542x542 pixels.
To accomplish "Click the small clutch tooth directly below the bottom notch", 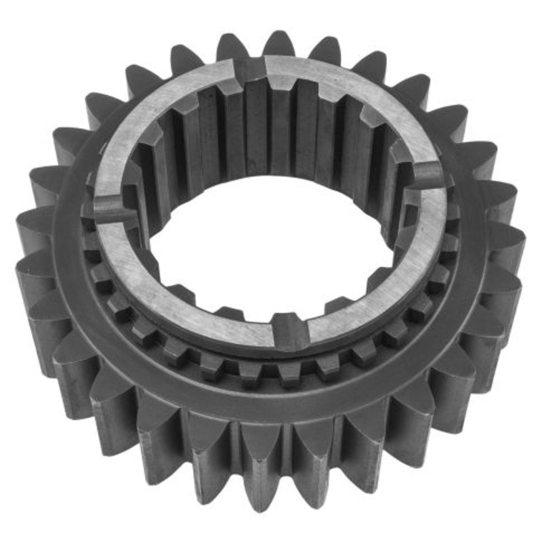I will [x=290, y=369].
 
